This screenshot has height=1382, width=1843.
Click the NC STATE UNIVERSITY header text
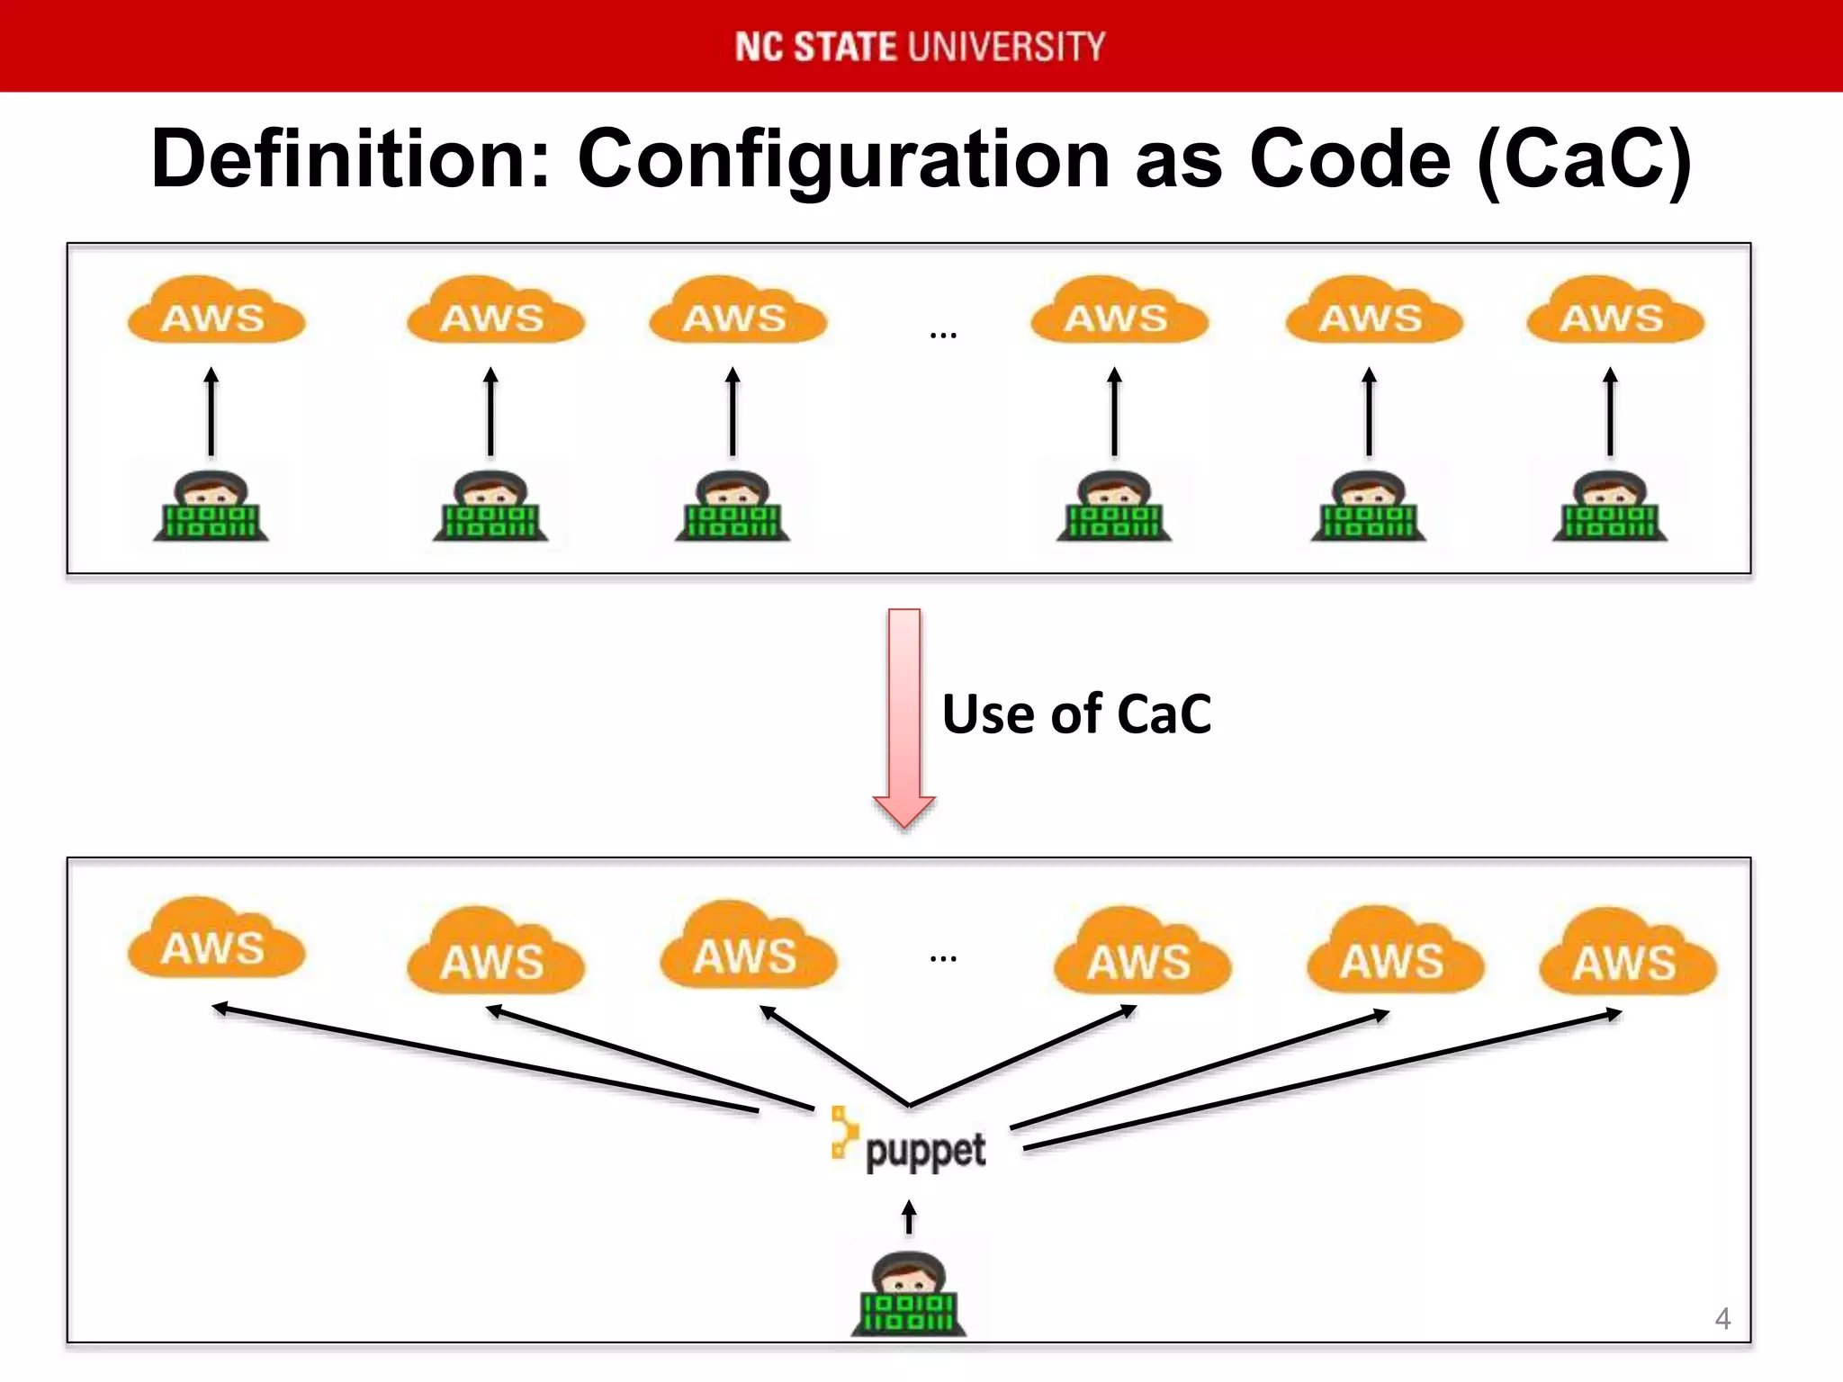[x=920, y=47]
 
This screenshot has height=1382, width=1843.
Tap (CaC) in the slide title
[x=1584, y=159]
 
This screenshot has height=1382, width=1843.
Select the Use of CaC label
[x=1076, y=714]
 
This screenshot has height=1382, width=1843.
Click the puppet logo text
[x=924, y=1151]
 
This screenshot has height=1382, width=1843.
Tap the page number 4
[x=1722, y=1319]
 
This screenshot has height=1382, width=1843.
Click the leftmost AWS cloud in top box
[x=215, y=312]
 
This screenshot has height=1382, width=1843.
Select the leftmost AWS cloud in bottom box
[x=215, y=941]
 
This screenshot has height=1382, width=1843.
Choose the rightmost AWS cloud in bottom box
[x=1627, y=954]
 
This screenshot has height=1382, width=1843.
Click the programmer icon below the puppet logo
[x=909, y=1295]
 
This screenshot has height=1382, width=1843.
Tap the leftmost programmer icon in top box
[x=211, y=507]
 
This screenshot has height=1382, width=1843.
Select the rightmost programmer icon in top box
[x=1610, y=507]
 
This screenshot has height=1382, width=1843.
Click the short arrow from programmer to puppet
[x=909, y=1217]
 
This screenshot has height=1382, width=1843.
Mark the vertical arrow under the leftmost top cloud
[x=211, y=411]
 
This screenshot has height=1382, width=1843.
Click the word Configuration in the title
[x=844, y=159]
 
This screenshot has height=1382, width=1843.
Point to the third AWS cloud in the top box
[x=736, y=312]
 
